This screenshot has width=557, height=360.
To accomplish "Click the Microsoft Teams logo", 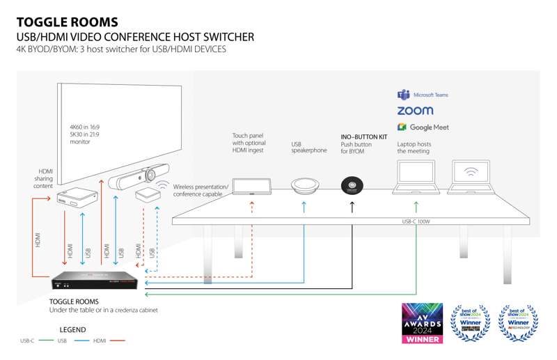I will coord(402,95).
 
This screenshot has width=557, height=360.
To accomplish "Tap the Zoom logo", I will coord(415,111).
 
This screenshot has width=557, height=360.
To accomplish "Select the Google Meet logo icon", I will coord(402,127).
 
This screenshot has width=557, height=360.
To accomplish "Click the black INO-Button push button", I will coord(352,186).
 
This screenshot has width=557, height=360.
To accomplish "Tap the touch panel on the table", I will coord(251,186).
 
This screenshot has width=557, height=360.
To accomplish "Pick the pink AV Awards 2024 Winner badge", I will coord(422,323).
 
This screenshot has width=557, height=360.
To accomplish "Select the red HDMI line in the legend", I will coord(118,342).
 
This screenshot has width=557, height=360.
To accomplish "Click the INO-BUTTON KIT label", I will coord(363,137).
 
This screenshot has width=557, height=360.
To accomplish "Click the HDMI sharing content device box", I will coord(75,198).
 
